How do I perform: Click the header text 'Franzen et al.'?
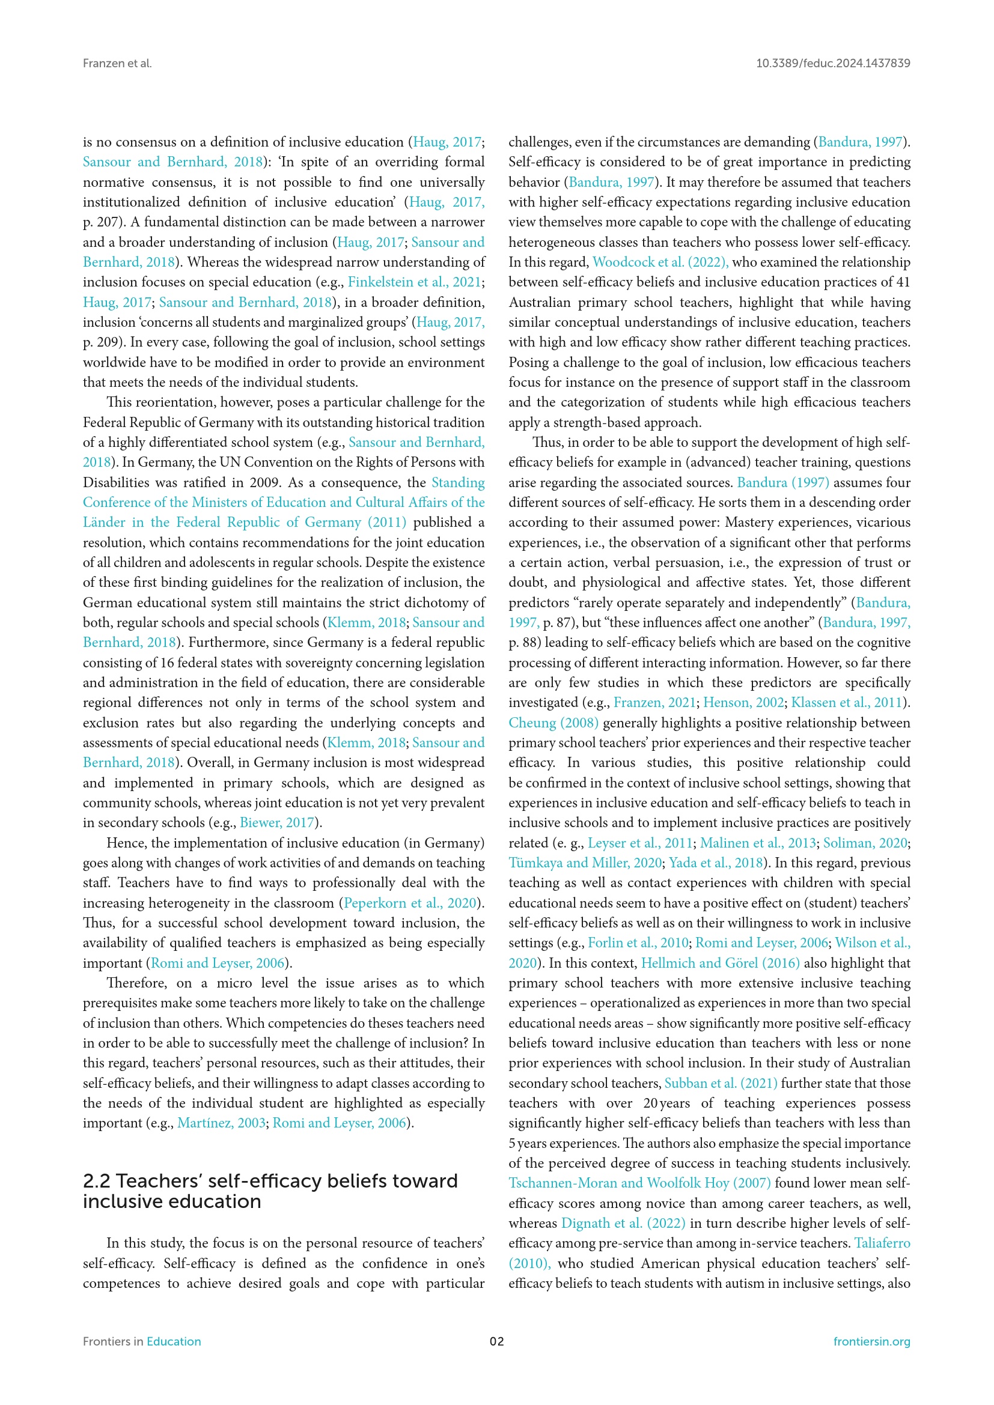click(117, 64)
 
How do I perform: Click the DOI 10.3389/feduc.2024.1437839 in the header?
click(832, 64)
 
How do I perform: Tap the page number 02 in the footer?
click(496, 1341)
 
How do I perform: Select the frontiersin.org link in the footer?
click(871, 1341)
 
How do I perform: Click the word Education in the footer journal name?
click(173, 1341)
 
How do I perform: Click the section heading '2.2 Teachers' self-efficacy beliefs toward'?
click(270, 1180)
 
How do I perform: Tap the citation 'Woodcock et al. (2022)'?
click(660, 262)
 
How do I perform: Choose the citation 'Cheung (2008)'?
click(553, 723)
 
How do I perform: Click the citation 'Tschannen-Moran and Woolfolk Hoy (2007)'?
click(639, 1183)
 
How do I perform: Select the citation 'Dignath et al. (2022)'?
click(623, 1222)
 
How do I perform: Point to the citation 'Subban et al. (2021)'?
click(721, 1083)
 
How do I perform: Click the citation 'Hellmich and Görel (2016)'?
click(720, 962)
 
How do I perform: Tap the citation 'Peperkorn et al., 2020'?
click(409, 903)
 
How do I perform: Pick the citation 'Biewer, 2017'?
click(276, 822)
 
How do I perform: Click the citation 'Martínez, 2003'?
click(221, 1123)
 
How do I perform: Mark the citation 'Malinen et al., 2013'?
click(757, 843)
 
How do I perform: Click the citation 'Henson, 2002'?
click(743, 703)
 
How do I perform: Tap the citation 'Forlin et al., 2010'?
click(638, 943)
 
